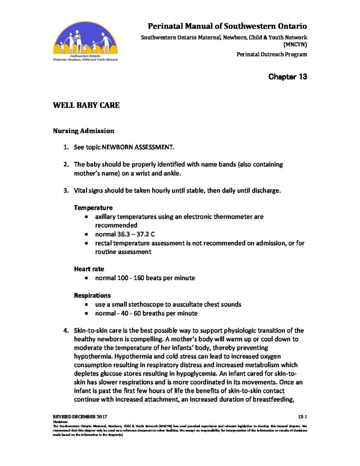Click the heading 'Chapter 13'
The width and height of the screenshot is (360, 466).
point(288,76)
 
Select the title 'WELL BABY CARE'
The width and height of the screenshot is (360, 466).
point(86,106)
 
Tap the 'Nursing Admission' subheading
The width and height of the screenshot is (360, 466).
point(83,131)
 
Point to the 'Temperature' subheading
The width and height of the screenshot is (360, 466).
point(93,208)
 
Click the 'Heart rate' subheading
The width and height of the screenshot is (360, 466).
point(89,269)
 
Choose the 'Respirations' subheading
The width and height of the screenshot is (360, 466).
point(92,295)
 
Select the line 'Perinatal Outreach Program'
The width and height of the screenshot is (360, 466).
point(272,55)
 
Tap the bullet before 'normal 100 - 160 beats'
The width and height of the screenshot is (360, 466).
point(87,278)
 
